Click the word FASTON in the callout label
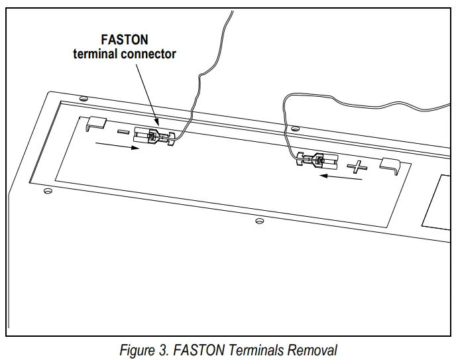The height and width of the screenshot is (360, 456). coord(124,40)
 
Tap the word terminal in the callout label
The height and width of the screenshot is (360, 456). coord(95,54)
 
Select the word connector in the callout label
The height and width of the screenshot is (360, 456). coord(148,54)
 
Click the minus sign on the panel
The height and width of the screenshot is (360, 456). coord(123,132)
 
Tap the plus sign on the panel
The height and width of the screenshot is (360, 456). coord(358,166)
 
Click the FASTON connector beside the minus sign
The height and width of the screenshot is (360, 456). coord(154,136)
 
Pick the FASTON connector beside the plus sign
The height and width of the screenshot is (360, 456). coord(317,160)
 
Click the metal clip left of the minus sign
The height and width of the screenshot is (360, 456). coord(96,123)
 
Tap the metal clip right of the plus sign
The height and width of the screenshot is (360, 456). coord(389,166)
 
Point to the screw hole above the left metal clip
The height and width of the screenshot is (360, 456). coord(84,99)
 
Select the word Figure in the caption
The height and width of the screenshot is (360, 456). coord(137,349)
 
